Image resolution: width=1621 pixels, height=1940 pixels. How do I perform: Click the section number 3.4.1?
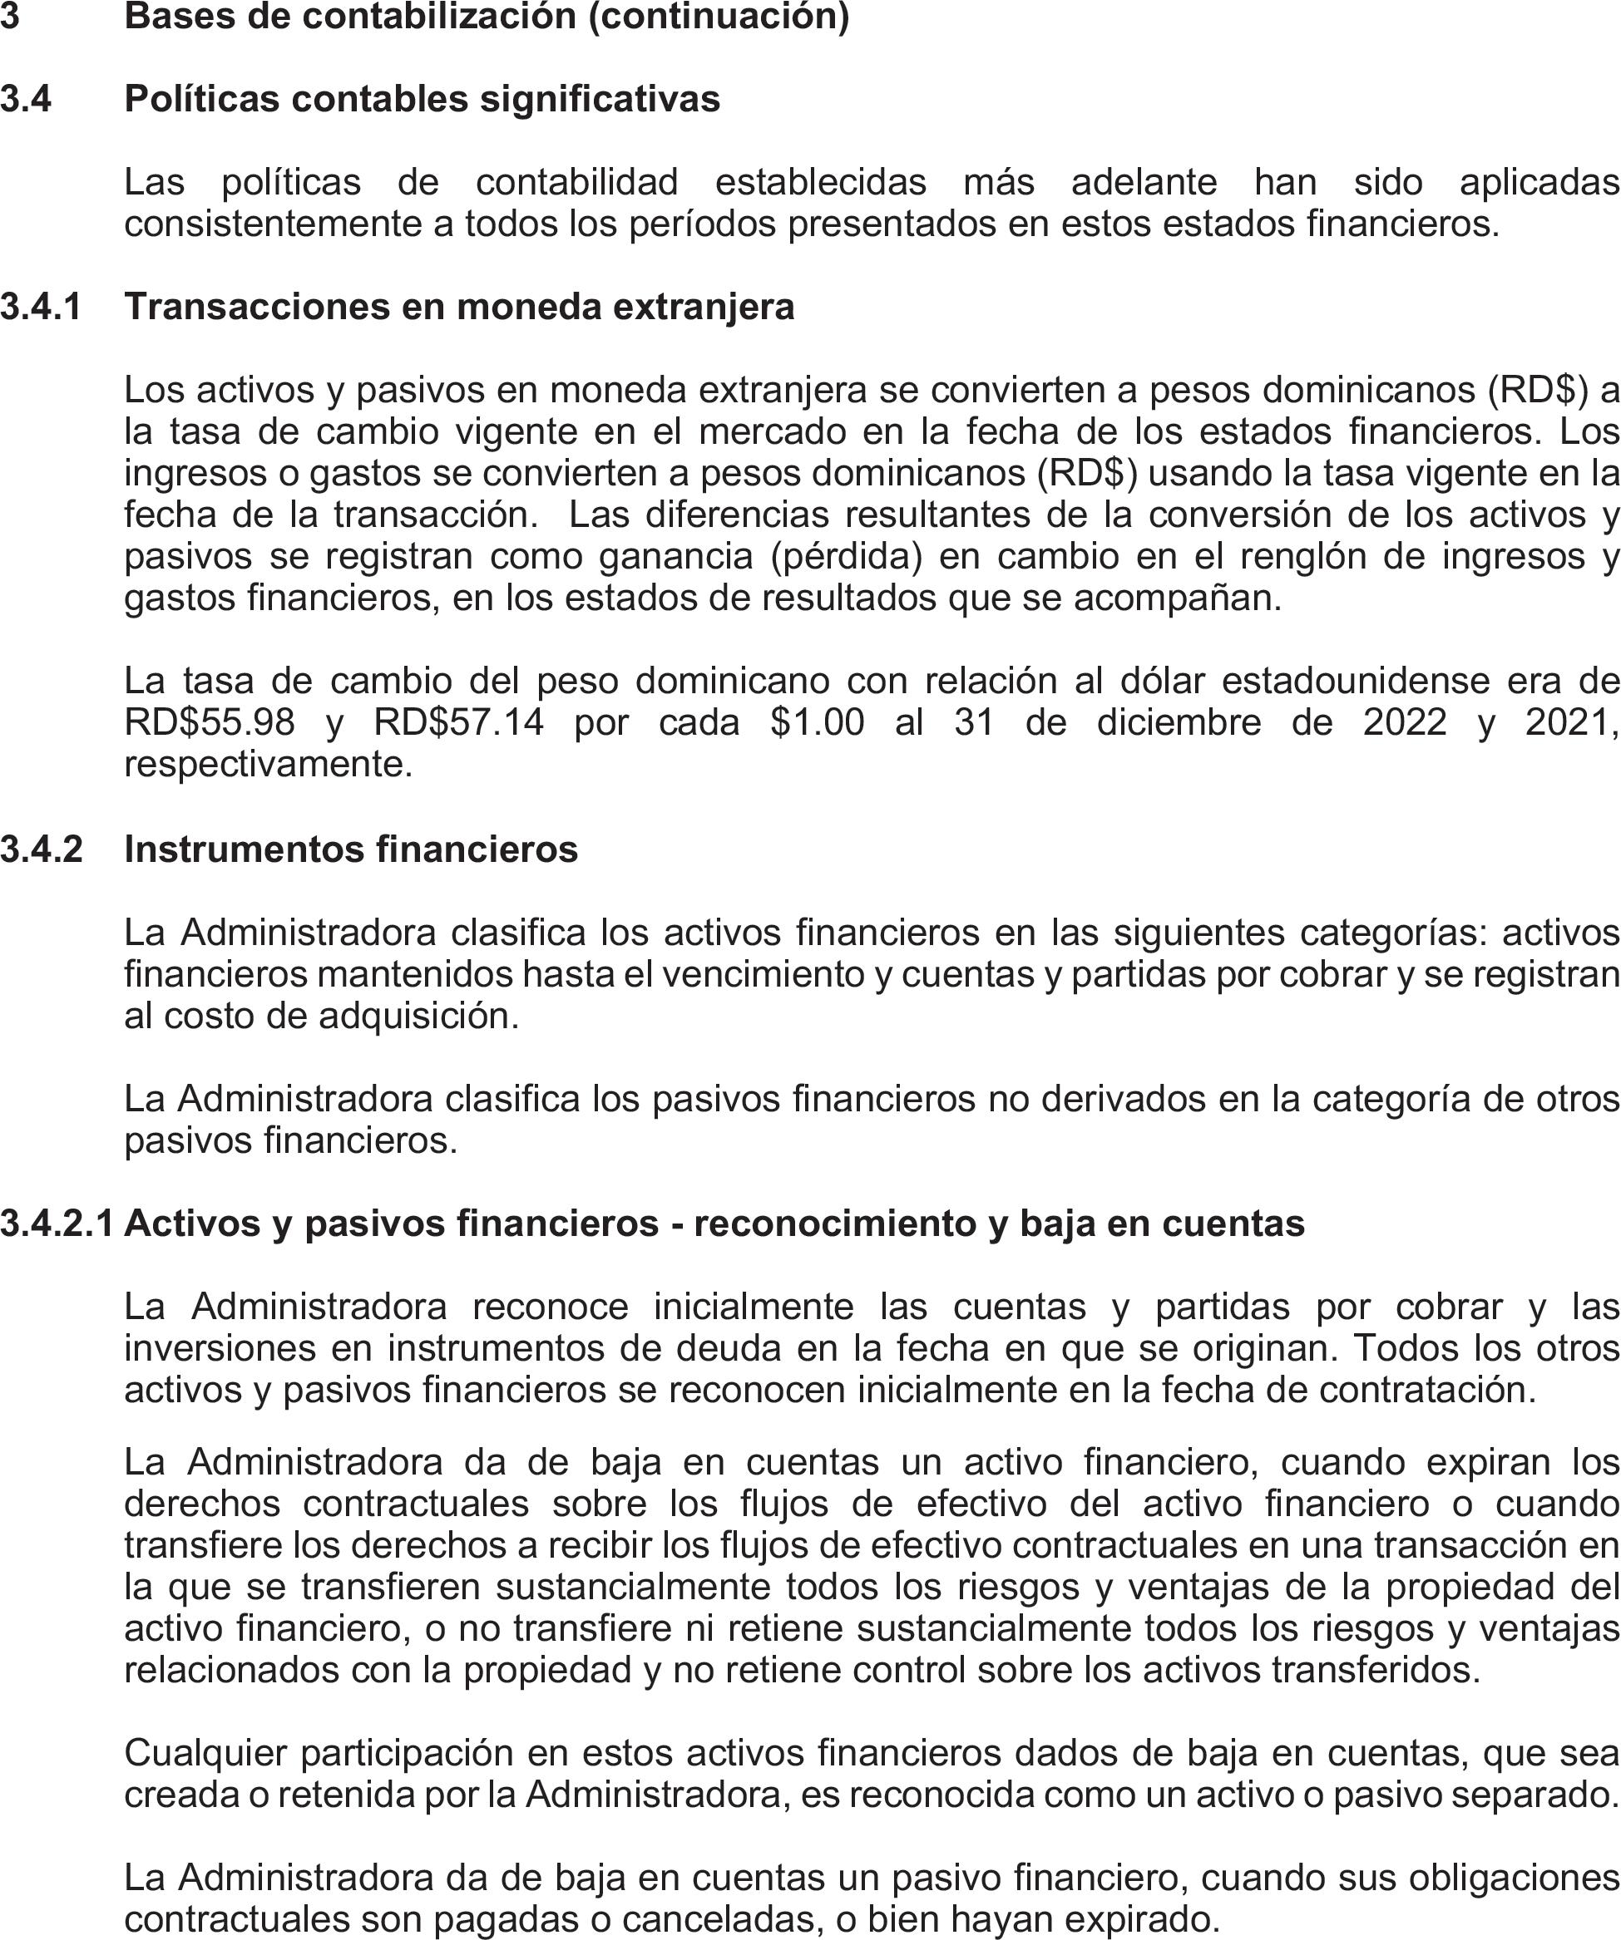[x=41, y=307]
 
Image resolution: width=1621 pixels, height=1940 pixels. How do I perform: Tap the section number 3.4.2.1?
[x=57, y=1224]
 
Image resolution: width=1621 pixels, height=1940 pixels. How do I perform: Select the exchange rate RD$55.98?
[x=210, y=722]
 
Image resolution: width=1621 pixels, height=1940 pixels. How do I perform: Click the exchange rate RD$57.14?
[x=459, y=722]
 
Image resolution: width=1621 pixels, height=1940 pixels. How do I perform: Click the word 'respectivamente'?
[x=267, y=764]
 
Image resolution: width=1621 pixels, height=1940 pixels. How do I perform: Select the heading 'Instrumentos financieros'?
[x=351, y=849]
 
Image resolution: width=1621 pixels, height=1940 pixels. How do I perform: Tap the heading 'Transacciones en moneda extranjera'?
[x=459, y=307]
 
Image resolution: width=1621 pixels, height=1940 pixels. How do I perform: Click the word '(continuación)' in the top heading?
[x=718, y=17]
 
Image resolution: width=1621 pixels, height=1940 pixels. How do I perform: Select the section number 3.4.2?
[x=41, y=849]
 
